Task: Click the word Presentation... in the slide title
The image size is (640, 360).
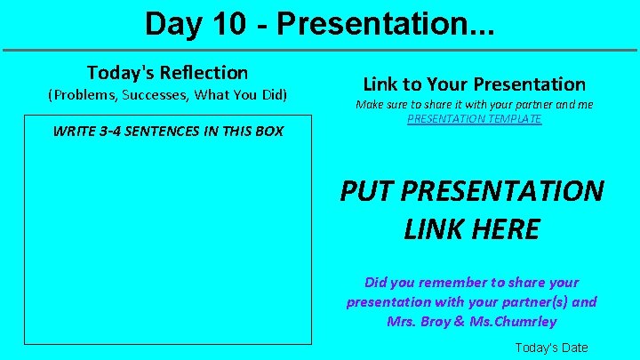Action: pyautogui.click(x=386, y=24)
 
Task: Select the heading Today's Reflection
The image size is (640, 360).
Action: pyautogui.click(x=167, y=72)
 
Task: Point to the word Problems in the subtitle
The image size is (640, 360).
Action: pyautogui.click(x=84, y=94)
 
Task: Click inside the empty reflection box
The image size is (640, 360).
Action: pyautogui.click(x=167, y=240)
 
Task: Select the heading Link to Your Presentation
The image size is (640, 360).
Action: pyautogui.click(x=474, y=84)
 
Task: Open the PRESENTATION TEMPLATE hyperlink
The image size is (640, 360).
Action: pyautogui.click(x=474, y=118)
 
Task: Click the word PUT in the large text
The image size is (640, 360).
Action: pyautogui.click(x=366, y=191)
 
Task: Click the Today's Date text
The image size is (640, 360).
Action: pyautogui.click(x=551, y=348)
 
